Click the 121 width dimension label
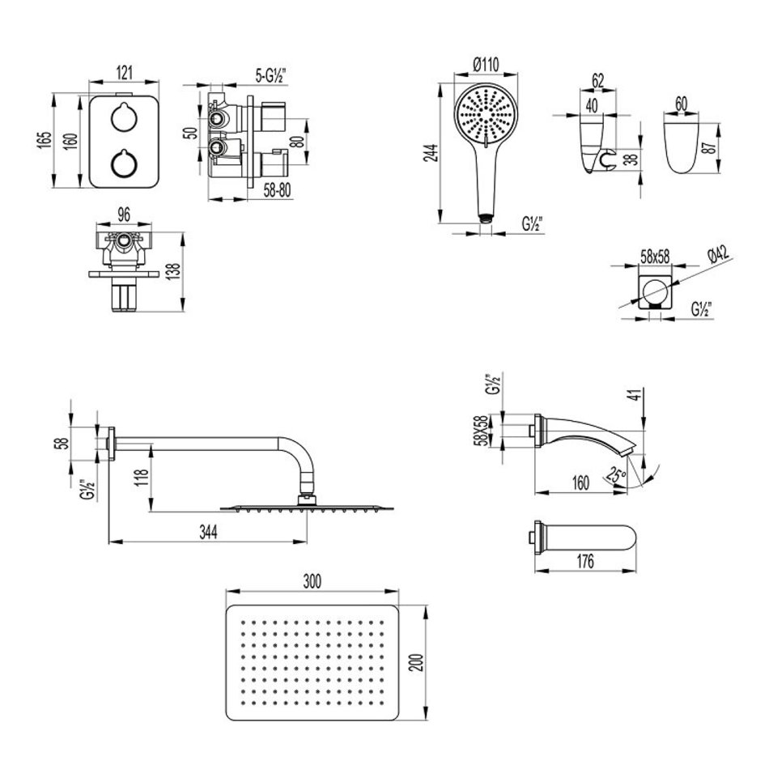[125, 72]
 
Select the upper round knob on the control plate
[124, 118]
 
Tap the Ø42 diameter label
[717, 257]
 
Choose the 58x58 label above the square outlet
[655, 257]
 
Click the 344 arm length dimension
[208, 530]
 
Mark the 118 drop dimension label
[141, 483]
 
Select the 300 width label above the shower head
[312, 582]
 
